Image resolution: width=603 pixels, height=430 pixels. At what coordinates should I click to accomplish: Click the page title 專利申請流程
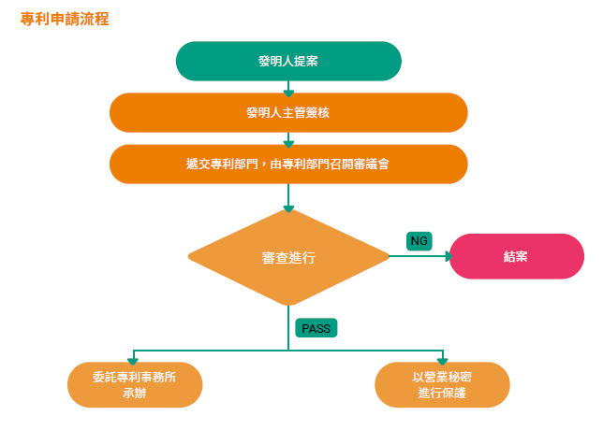pyautogui.click(x=65, y=19)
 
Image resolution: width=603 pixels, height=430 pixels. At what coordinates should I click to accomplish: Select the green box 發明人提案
pyautogui.click(x=288, y=61)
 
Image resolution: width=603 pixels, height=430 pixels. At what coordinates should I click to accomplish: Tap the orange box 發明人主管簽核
pyautogui.click(x=288, y=112)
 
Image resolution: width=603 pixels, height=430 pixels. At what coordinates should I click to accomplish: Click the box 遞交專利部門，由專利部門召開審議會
pyautogui.click(x=288, y=165)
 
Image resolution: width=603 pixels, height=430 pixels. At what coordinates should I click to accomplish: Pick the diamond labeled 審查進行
pyautogui.click(x=288, y=257)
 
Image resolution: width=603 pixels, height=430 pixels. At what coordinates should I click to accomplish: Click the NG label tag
pyautogui.click(x=419, y=241)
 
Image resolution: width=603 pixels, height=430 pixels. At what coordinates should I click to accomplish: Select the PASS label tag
pyautogui.click(x=316, y=328)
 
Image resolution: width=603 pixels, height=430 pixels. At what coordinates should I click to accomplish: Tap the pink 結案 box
pyautogui.click(x=516, y=256)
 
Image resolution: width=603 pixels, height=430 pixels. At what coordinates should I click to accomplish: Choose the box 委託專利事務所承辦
pyautogui.click(x=135, y=384)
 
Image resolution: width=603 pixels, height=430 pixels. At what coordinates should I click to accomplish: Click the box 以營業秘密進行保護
pyautogui.click(x=442, y=384)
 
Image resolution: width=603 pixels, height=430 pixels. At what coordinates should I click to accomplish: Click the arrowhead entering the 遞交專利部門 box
pyautogui.click(x=288, y=142)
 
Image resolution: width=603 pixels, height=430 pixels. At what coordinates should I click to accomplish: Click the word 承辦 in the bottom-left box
pyautogui.click(x=135, y=394)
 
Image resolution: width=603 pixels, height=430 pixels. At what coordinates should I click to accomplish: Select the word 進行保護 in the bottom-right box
pyautogui.click(x=442, y=394)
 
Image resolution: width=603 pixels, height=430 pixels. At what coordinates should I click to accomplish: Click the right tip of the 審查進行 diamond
pyautogui.click(x=389, y=256)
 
